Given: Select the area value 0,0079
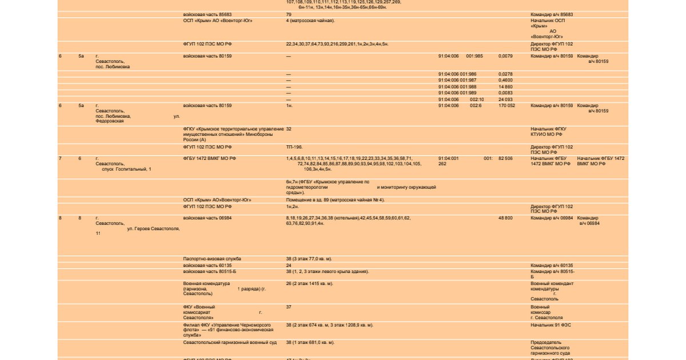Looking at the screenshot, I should (505, 56).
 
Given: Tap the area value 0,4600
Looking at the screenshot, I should (505, 81).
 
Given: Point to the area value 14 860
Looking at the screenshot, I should (505, 87).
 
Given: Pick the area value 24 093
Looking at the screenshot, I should (505, 99).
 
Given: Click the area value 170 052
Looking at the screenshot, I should (506, 106).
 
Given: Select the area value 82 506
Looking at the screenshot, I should (505, 158).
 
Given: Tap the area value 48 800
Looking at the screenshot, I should (505, 218).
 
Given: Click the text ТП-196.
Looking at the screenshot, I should (294, 147).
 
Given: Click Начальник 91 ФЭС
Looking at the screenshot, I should (551, 325).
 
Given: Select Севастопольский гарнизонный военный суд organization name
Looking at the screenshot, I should (230, 342).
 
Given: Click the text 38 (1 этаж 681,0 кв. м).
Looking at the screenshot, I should (310, 342).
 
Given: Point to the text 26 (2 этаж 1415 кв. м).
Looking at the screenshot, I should (309, 283).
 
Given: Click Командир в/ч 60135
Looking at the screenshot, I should (552, 265).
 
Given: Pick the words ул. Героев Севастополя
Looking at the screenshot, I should (153, 229).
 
